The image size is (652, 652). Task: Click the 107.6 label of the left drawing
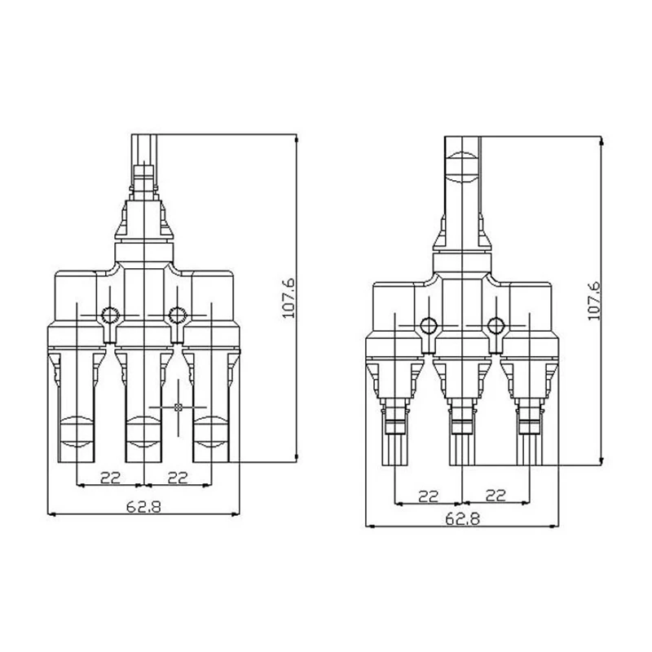(289, 297)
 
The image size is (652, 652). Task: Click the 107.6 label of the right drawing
(594, 301)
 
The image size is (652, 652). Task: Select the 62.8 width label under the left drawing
(143, 507)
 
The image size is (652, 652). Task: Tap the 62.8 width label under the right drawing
(462, 518)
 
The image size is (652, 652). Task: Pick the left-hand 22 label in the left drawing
(110, 478)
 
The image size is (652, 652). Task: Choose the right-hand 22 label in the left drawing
(178, 478)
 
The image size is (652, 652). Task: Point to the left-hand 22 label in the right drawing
(429, 496)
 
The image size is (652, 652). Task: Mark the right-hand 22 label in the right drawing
(496, 496)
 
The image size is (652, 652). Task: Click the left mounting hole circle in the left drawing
(110, 315)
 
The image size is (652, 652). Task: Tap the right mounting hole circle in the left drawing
(178, 315)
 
